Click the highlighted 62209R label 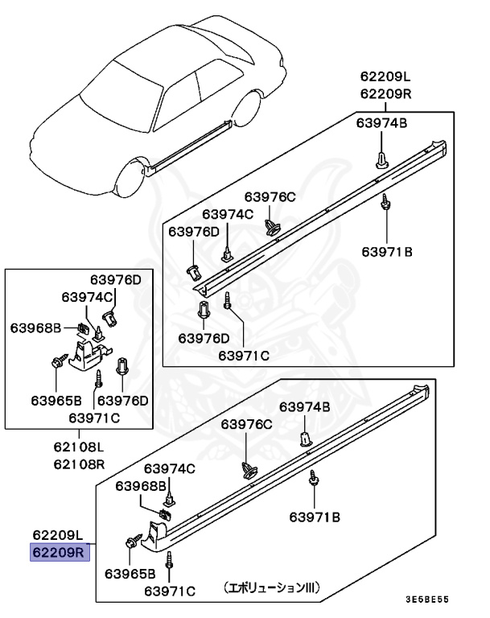click(x=58, y=553)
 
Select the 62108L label click(x=80, y=447)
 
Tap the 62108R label click(x=80, y=463)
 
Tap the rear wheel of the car click(x=246, y=110)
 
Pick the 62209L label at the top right click(x=385, y=77)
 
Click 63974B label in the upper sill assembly click(x=381, y=122)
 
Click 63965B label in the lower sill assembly click(x=130, y=574)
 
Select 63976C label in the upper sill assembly click(x=270, y=196)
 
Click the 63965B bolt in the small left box click(x=58, y=364)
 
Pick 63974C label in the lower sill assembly click(x=169, y=468)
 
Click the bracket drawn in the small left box click(x=87, y=353)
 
